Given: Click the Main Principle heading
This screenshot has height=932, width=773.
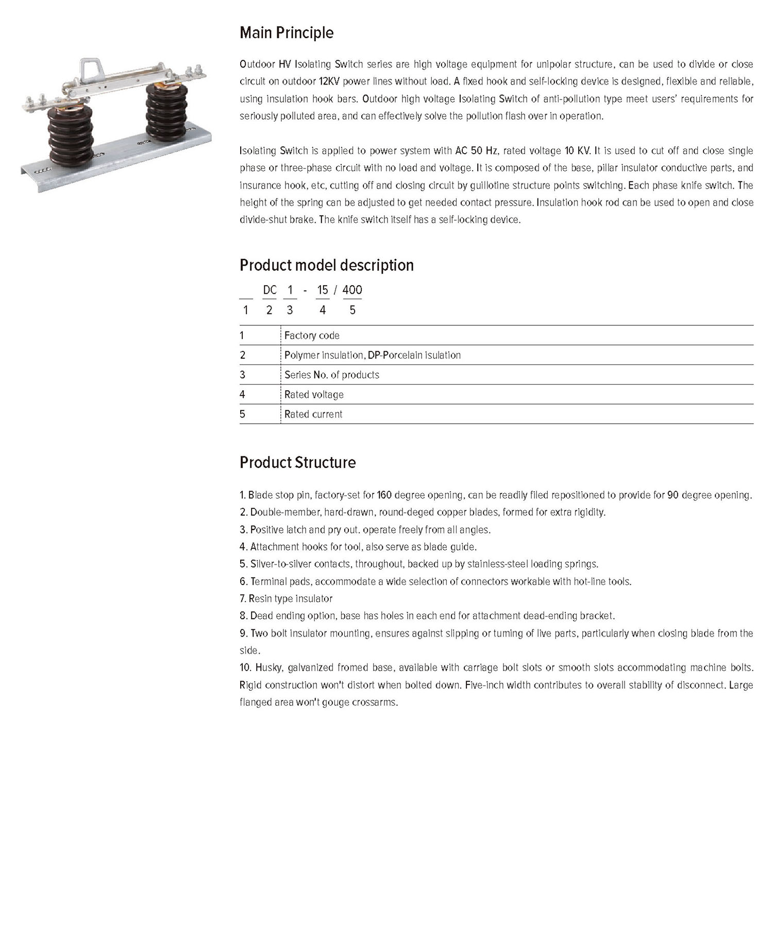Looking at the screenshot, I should pos(287,33).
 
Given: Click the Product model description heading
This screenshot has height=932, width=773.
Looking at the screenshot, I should pos(327,265).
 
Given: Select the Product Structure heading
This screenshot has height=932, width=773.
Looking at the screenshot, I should pos(297,462).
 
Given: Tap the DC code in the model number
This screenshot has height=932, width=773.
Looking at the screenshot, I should pos(270,290).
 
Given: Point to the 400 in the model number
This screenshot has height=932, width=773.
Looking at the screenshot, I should pos(352,290).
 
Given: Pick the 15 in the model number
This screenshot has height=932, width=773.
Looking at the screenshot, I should pos(323,290).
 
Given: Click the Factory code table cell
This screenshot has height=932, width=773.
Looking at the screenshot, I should pos(312,336).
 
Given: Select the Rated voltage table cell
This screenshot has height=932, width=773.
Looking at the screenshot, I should pos(314,395).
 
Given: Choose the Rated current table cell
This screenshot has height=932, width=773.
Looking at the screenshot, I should pos(313,414).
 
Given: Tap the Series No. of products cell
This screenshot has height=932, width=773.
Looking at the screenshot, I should pos(331,375).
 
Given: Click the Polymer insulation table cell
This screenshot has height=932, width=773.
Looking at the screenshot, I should pos(372,355).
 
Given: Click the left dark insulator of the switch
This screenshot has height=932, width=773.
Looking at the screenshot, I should pos(71,135).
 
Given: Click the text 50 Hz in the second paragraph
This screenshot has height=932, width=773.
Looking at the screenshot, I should pos(484,151).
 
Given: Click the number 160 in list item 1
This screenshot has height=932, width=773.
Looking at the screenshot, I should pos(384,495).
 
